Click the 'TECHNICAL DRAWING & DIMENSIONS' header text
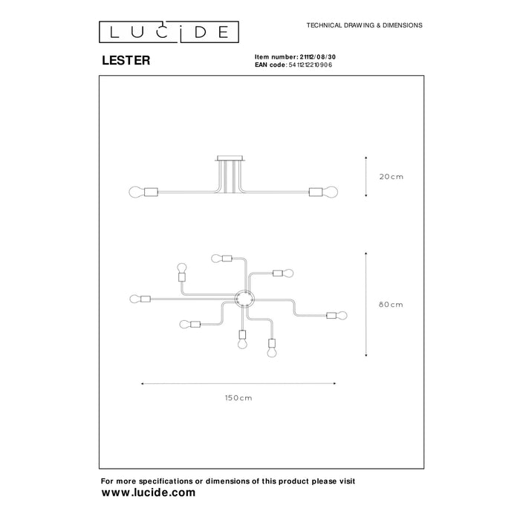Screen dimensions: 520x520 click(x=364, y=25)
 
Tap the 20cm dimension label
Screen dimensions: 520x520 click(x=391, y=177)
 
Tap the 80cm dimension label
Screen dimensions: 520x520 click(x=391, y=305)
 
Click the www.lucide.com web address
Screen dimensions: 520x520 click(x=149, y=493)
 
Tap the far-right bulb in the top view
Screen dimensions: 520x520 click(x=343, y=315)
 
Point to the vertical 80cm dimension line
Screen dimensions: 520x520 click(x=366, y=305)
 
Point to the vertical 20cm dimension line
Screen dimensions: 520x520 click(x=366, y=177)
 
